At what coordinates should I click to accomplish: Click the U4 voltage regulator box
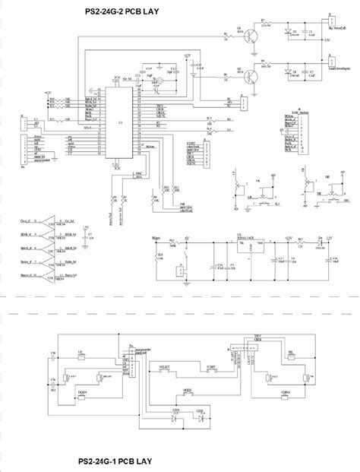pos(249,241)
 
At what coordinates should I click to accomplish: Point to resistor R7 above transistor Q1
pos(264,26)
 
